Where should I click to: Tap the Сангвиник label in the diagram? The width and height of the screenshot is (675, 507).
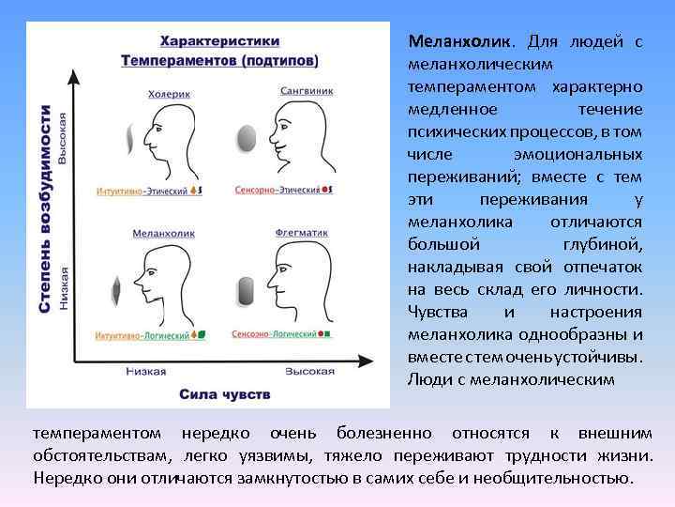click(306, 91)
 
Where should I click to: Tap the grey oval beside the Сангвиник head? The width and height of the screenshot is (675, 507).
click(246, 140)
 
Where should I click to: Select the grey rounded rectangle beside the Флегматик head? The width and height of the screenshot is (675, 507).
click(246, 290)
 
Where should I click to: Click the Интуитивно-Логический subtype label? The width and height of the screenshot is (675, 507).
click(140, 334)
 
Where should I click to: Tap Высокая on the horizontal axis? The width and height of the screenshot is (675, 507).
click(309, 371)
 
